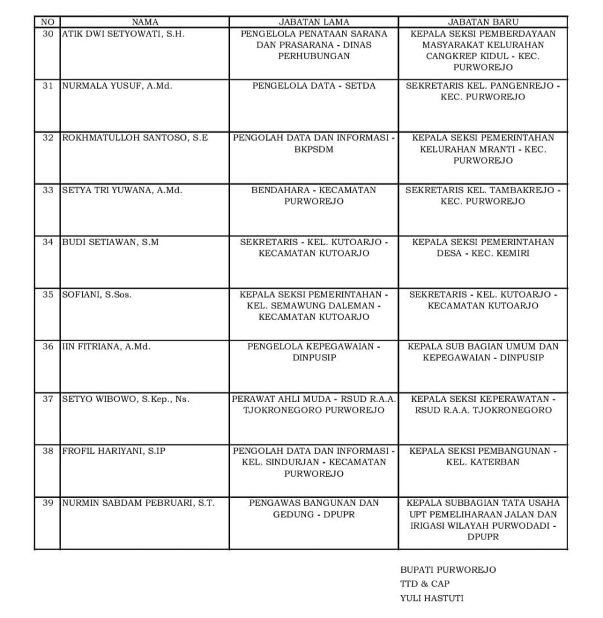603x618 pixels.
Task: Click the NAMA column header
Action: (x=144, y=22)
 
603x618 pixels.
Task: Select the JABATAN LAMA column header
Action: (x=313, y=22)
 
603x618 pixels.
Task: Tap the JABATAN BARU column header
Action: (x=483, y=22)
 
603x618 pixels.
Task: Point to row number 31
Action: (x=48, y=86)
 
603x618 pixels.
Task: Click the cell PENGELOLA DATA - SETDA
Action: (x=313, y=86)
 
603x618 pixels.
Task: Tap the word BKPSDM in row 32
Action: (x=313, y=149)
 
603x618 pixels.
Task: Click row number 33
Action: (x=48, y=190)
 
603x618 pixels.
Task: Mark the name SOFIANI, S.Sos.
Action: (x=97, y=295)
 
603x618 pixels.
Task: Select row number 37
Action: (x=48, y=399)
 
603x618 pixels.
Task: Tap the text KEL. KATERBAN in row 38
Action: (x=483, y=462)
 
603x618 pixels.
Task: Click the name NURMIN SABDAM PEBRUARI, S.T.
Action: (x=138, y=503)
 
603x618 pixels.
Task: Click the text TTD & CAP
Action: (x=425, y=584)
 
